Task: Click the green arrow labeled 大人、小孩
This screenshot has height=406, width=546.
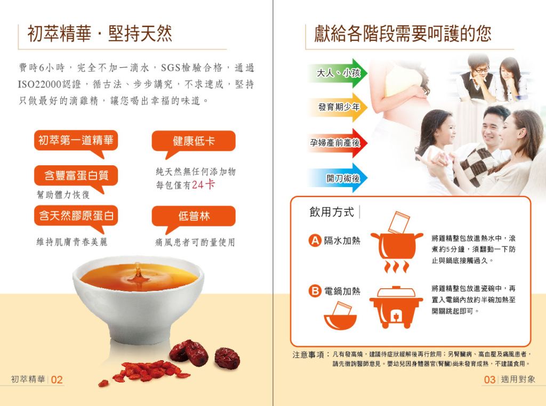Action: tap(338, 72)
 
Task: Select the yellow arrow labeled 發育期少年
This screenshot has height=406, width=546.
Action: tap(338, 107)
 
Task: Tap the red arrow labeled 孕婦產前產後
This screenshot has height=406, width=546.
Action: tap(338, 143)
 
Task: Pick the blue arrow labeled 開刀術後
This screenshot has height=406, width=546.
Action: tap(338, 178)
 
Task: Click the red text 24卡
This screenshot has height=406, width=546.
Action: tap(203, 185)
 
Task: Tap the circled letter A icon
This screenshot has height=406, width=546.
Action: tap(315, 240)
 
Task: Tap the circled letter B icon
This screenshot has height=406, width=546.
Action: tap(315, 291)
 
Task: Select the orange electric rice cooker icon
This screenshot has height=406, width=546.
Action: tap(396, 307)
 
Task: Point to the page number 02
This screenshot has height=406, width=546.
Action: tap(57, 379)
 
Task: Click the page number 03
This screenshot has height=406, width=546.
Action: tap(489, 379)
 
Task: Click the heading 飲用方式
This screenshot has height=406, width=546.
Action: tap(332, 212)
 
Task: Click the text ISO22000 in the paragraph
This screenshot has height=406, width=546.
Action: tap(39, 84)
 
